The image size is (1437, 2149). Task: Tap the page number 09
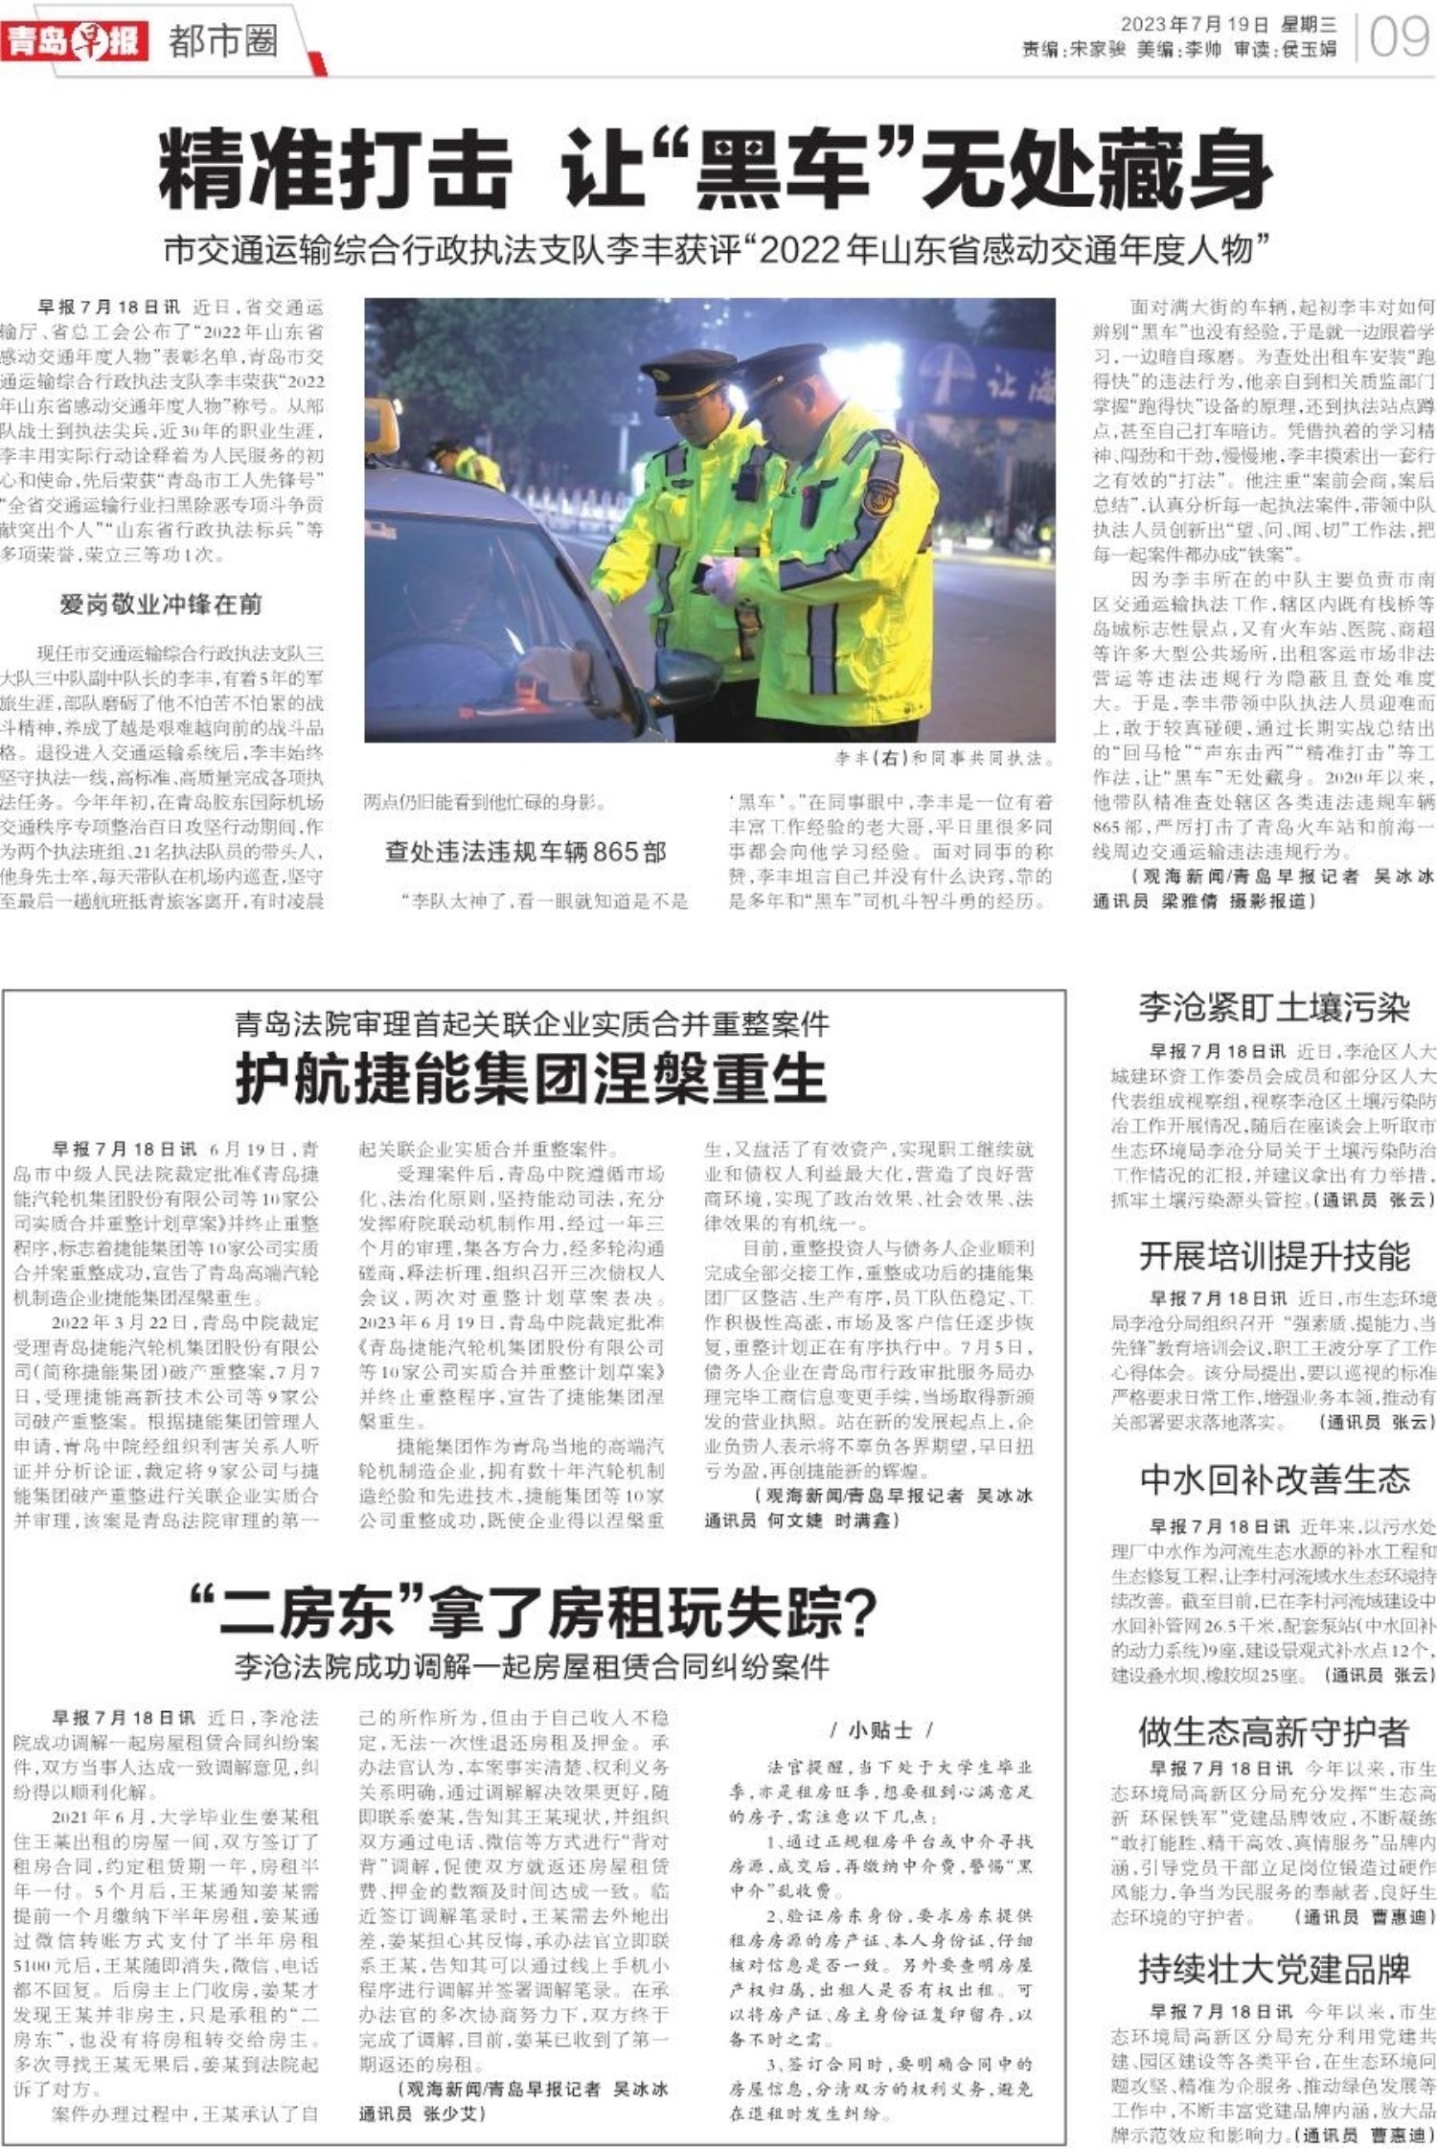[1399, 37]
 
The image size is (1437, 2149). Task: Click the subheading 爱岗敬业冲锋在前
[160, 604]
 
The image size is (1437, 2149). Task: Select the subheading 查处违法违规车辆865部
[525, 852]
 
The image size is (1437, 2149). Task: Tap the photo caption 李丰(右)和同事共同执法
[944, 759]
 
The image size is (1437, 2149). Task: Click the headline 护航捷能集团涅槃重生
[531, 1079]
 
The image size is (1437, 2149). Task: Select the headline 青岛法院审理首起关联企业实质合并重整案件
[532, 1024]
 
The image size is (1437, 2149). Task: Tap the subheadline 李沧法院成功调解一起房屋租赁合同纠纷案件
[532, 1667]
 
